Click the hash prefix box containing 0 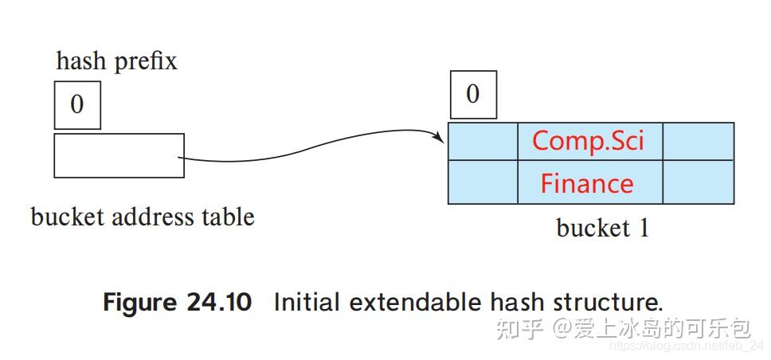[77, 104]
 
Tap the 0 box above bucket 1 [473, 95]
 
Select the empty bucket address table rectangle [119, 155]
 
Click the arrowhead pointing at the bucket [440, 139]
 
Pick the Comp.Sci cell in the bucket [589, 141]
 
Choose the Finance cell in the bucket [587, 183]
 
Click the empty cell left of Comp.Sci [483, 141]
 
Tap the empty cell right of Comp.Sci [698, 141]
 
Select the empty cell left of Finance [483, 183]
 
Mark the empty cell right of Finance [698, 183]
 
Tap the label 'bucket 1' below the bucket [602, 229]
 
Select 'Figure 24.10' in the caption [177, 303]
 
